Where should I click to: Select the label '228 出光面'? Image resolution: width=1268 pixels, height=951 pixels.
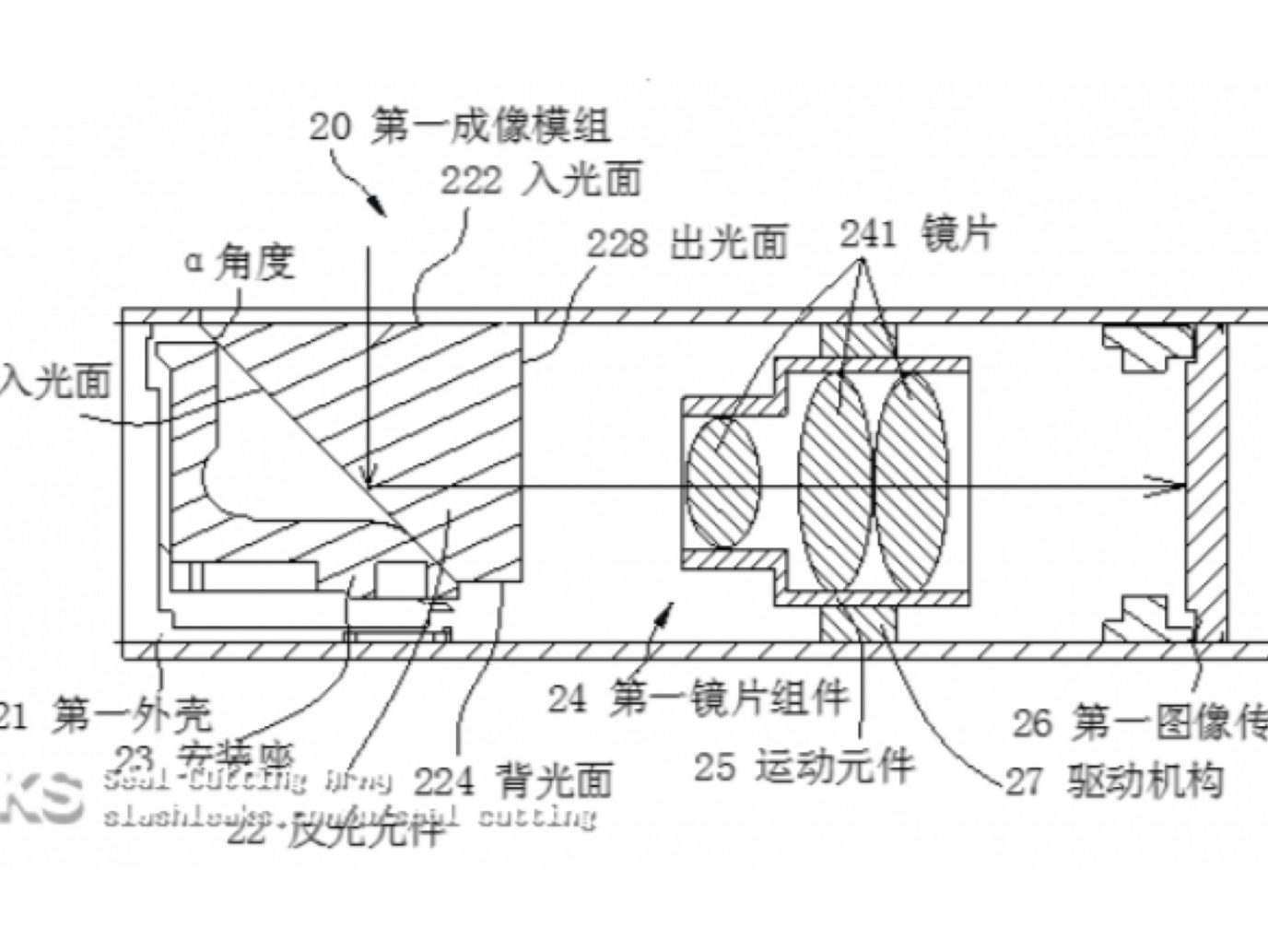[x=687, y=243]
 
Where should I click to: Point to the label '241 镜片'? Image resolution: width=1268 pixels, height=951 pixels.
[x=916, y=234]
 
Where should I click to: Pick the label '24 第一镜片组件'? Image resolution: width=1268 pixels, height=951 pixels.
[x=698, y=698]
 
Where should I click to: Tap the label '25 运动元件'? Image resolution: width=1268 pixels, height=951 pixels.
[x=804, y=764]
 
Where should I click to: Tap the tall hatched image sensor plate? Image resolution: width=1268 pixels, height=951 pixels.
[x=1204, y=484]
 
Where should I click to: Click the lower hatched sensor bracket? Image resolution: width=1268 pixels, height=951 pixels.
[x=1145, y=619]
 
